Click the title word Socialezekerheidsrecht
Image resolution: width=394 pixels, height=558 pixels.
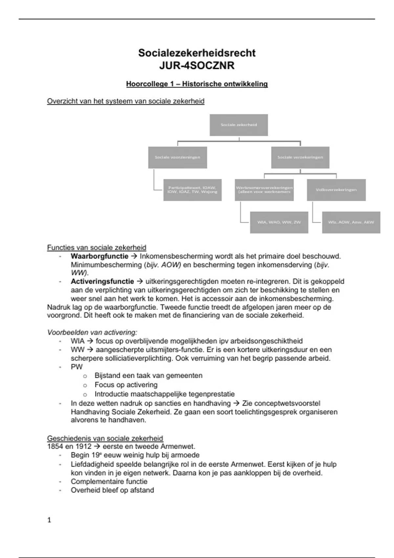tap(197, 53)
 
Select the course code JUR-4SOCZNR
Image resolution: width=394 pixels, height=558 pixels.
tap(197, 66)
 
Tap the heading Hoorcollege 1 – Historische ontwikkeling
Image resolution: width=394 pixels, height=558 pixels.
tap(197, 84)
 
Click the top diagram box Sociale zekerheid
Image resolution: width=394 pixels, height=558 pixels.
tap(239, 125)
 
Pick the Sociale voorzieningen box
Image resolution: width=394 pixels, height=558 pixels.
tap(177, 157)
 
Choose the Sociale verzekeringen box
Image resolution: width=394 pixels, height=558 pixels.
tap(300, 157)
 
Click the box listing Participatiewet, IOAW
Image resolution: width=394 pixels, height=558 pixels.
tap(192, 190)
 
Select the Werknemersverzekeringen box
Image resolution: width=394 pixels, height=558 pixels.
tap(264, 190)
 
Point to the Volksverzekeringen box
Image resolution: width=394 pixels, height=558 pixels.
tap(336, 190)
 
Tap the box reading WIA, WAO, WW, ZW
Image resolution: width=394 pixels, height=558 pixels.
tap(279, 222)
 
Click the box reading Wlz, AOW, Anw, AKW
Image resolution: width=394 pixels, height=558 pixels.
tap(351, 222)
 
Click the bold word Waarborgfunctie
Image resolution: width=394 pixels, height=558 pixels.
tap(99, 256)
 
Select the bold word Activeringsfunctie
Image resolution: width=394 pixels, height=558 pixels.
tap(102, 281)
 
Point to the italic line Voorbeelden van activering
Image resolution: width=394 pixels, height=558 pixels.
tap(92, 332)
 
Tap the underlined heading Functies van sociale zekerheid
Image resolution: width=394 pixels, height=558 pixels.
tap(97, 247)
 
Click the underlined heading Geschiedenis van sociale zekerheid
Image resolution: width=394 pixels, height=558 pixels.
tap(105, 438)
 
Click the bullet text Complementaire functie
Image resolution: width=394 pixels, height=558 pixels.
tap(109, 482)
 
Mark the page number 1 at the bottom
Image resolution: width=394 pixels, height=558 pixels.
tap(49, 520)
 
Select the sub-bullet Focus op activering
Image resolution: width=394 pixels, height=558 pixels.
tap(126, 385)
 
